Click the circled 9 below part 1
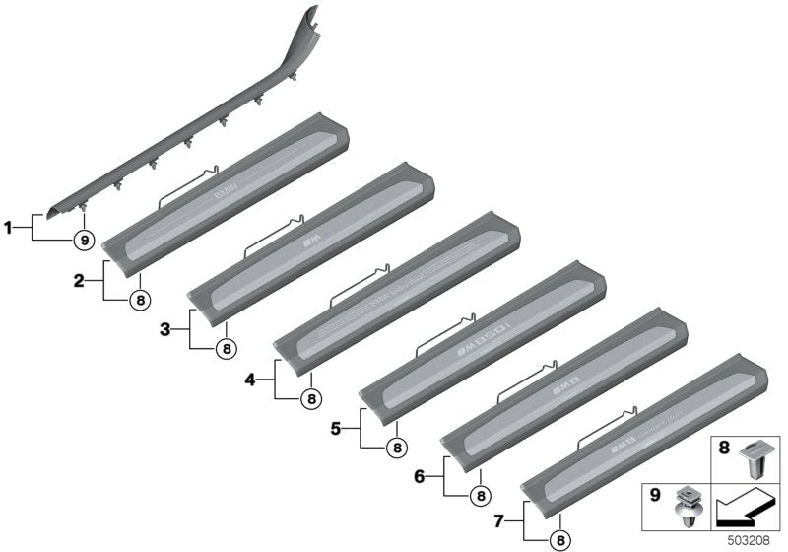(85, 240)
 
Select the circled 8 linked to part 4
(310, 399)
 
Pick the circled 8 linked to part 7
(560, 538)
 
